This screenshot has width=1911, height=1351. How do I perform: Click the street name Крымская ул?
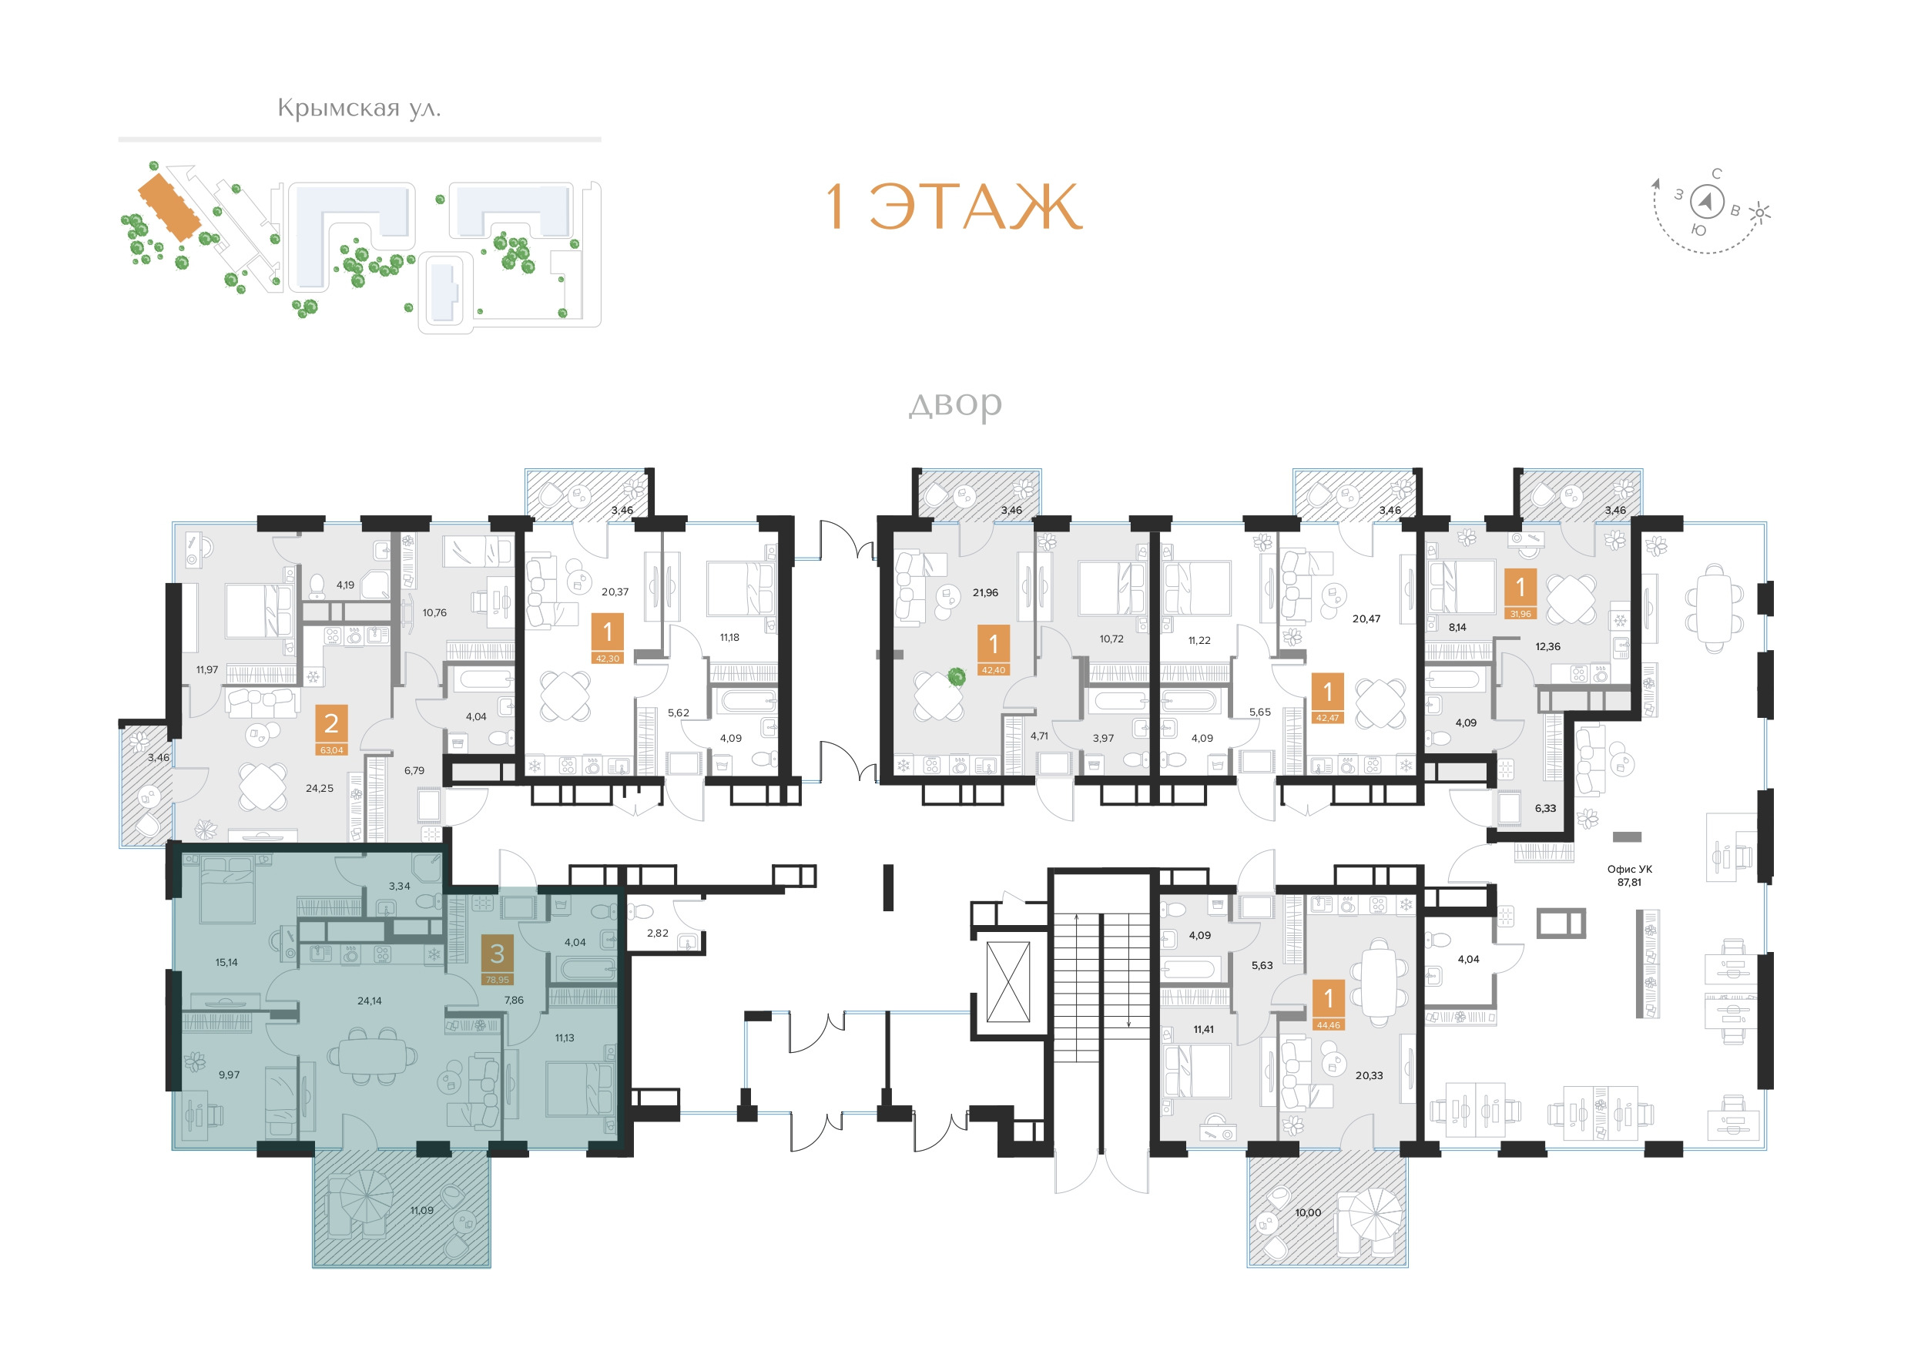[359, 108]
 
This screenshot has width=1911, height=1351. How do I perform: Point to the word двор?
[954, 404]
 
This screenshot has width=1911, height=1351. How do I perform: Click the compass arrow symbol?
[1707, 202]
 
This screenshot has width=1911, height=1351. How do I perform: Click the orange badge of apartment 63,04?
[331, 730]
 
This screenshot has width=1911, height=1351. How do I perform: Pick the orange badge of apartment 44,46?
[1329, 1004]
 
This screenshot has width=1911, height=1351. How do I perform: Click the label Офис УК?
[1630, 869]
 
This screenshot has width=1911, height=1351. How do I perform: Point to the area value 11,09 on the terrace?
[421, 1210]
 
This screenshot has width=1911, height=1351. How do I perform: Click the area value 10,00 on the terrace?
[1308, 1213]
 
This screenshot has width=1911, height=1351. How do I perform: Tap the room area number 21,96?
[984, 592]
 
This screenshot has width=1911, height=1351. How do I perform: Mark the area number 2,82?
[658, 933]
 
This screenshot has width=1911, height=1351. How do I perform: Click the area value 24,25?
[320, 788]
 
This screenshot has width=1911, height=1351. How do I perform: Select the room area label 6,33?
[1545, 808]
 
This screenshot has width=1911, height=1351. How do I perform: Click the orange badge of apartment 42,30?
[608, 639]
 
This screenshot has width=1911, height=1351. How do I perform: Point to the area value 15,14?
[226, 962]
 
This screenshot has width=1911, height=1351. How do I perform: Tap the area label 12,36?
[1547, 647]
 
